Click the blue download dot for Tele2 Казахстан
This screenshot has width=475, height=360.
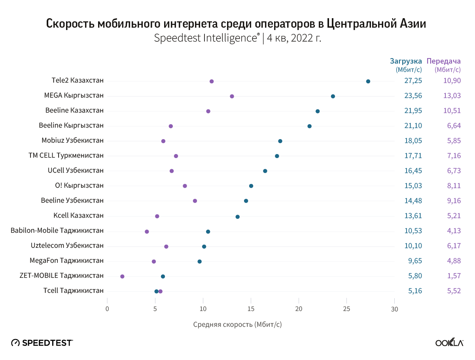368,81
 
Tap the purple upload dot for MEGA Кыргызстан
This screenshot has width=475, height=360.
232,96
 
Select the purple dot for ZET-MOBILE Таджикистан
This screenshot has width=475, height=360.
122,276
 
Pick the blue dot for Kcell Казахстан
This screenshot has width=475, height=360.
237,217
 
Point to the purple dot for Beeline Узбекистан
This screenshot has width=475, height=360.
195,201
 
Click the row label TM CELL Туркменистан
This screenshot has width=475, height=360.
66,155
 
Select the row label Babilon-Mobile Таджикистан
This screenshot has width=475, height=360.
57,230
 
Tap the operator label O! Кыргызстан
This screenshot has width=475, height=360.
79,185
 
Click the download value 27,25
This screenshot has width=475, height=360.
413,81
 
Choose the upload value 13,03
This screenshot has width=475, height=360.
452,96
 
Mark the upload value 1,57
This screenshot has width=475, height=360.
454,275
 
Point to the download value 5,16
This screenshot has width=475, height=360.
415,290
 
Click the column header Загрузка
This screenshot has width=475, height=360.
406,61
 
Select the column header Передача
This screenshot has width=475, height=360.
444,61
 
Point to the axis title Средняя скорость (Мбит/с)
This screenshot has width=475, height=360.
237,324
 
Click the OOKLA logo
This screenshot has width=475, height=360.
449,343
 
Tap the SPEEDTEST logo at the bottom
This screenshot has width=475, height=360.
42,343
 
